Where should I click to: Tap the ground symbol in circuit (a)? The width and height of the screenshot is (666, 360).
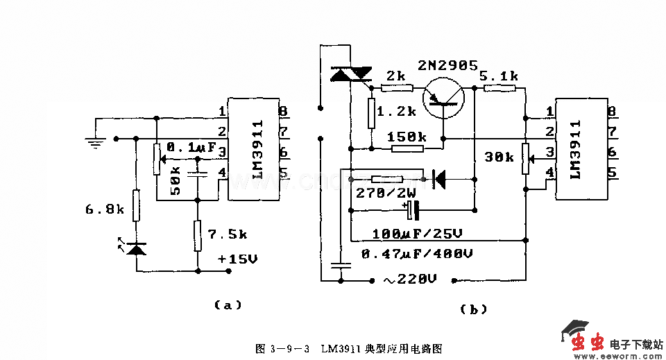coord(94,142)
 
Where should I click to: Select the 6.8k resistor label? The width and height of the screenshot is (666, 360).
coord(103,208)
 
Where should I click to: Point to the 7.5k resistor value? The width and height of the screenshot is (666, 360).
coord(230,234)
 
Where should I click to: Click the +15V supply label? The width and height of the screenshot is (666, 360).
coord(237,259)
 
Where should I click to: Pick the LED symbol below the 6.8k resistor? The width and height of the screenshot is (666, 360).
coord(137,247)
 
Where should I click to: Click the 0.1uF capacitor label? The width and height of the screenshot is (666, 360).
coord(191,147)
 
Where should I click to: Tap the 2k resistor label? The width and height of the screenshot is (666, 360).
coord(397,74)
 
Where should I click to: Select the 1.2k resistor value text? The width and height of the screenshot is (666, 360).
coord(396,111)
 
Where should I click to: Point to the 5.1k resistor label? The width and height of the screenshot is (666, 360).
coord(499,75)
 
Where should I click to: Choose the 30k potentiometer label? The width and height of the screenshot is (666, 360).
coord(499,157)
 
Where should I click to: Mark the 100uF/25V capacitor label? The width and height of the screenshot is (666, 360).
coord(417,233)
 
